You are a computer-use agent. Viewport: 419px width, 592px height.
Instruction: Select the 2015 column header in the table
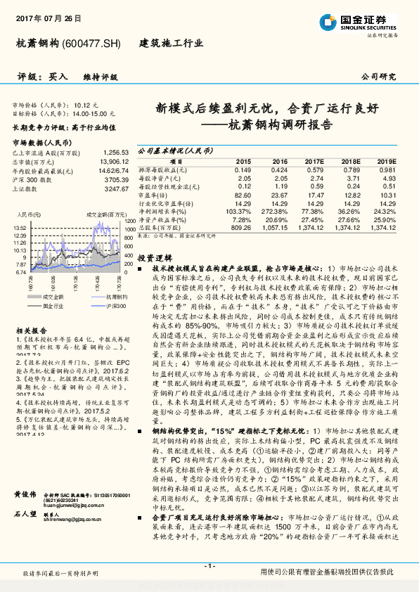click(x=243, y=160)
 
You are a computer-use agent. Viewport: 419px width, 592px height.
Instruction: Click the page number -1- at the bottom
click(x=209, y=566)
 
